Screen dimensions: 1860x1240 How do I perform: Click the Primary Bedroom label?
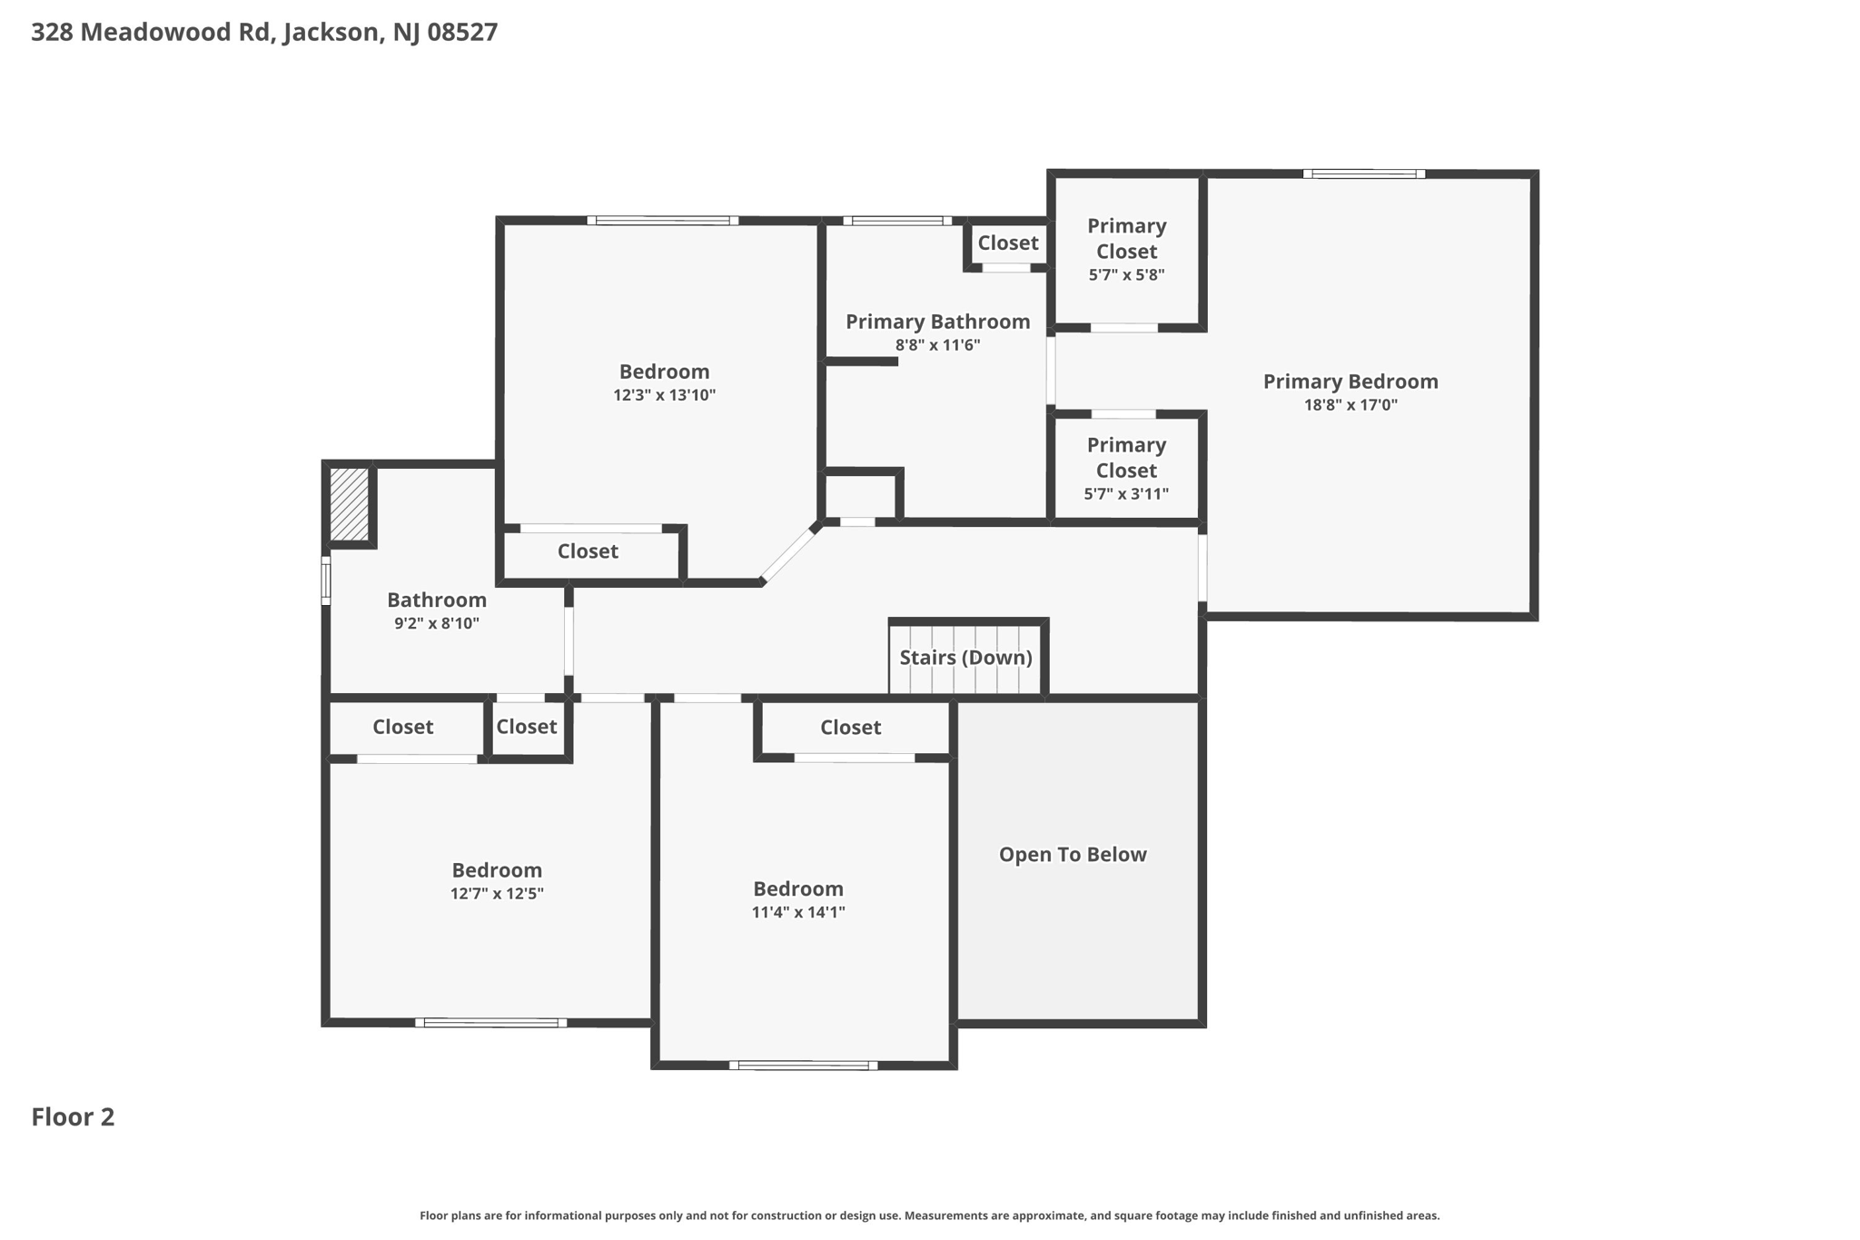click(1350, 382)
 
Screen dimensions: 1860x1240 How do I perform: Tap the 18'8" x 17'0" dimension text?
click(1350, 405)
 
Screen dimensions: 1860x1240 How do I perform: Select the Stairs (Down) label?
click(966, 658)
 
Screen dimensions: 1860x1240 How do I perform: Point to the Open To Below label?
click(1073, 855)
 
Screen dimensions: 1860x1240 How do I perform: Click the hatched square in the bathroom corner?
click(349, 504)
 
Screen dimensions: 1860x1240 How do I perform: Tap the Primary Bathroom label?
click(938, 322)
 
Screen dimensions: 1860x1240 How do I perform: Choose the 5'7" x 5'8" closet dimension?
click(1126, 275)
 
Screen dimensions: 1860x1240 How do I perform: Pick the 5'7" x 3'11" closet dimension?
click(1126, 494)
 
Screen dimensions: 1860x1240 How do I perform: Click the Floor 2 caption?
click(73, 1117)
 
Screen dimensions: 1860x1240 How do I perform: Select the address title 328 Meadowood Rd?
click(151, 33)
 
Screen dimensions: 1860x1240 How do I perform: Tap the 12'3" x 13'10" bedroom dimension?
click(665, 395)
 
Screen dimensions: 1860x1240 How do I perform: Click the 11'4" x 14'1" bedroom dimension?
click(798, 912)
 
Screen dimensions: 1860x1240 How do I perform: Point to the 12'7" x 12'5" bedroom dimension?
click(497, 894)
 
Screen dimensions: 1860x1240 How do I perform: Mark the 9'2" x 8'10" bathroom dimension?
click(437, 624)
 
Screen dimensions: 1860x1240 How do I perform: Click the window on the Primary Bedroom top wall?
click(1364, 174)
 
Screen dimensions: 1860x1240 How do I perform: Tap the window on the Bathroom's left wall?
click(326, 580)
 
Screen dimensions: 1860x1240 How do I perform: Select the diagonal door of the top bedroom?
click(788, 554)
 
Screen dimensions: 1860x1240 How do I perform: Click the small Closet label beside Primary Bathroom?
click(1008, 243)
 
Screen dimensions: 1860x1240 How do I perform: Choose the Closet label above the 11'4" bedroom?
click(850, 728)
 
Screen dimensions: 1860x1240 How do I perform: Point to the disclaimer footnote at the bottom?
click(929, 1215)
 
